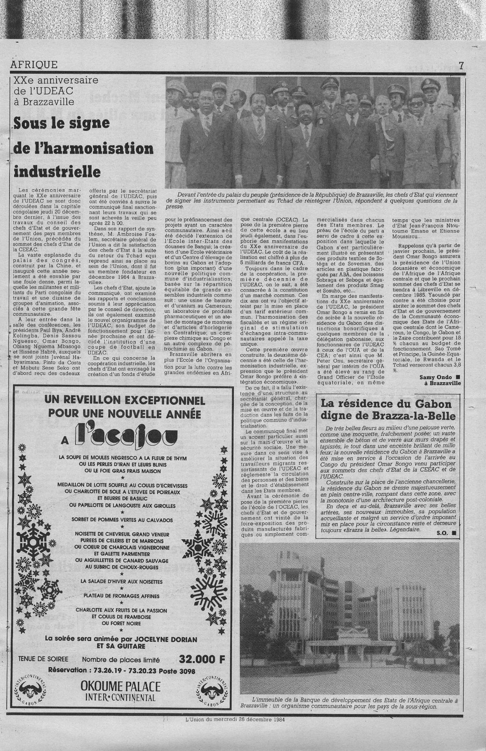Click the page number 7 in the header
461,66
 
